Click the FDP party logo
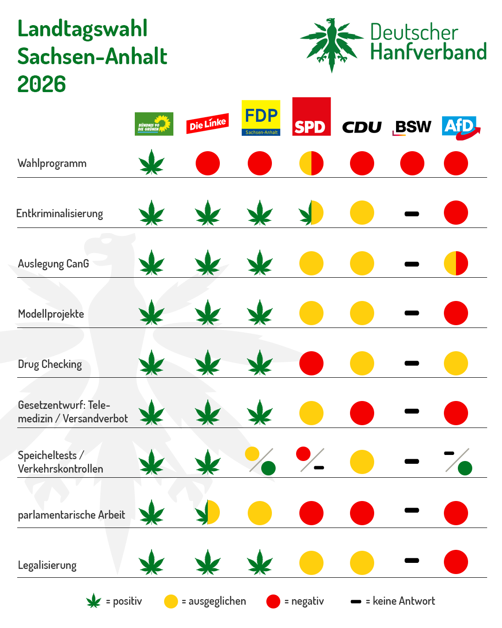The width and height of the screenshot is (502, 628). pos(261,118)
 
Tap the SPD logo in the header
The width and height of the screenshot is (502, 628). pos(311,116)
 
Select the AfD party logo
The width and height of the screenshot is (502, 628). pos(461,128)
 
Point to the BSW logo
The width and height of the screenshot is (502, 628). pos(411,128)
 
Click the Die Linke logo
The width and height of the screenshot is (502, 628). pos(207,123)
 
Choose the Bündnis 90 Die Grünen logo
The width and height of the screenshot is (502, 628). pos(154,124)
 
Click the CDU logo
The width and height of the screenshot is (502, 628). pos(362,127)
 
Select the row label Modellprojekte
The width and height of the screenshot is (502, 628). pos(51,314)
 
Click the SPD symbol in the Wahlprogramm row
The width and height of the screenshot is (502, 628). pos(311,163)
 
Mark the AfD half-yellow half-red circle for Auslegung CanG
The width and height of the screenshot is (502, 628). pos(456,263)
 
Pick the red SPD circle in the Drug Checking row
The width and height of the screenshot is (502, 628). pos(311,363)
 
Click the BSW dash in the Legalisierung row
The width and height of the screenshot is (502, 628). pos(411,561)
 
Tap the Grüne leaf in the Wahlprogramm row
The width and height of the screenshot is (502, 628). pos(152,162)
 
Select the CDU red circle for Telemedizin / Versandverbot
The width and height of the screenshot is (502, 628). pos(362,413)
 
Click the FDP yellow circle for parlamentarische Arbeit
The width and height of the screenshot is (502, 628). pos(260,513)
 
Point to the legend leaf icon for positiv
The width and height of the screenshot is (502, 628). pos(93,601)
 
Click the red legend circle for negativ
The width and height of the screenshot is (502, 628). pos(273,601)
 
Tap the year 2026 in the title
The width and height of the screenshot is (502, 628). pos(42,84)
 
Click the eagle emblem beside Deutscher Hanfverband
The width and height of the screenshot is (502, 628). pos(332,45)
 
